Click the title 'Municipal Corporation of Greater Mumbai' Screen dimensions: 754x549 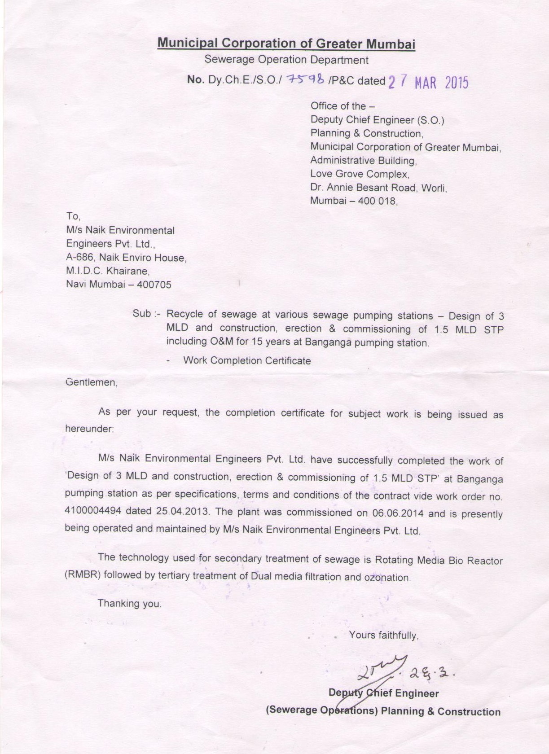point(286,44)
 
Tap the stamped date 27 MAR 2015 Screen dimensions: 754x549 point(428,83)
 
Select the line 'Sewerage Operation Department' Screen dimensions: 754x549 point(286,60)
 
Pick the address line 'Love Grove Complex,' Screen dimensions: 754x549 point(360,174)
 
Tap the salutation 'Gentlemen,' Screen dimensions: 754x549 point(92,383)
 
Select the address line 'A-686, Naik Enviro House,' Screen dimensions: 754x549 point(126,258)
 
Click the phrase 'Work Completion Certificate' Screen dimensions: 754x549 point(247,361)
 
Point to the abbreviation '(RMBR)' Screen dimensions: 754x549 point(82,574)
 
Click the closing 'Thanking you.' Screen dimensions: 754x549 point(130,604)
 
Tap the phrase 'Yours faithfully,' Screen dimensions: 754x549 point(384,636)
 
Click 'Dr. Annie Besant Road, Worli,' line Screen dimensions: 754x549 point(378,188)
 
